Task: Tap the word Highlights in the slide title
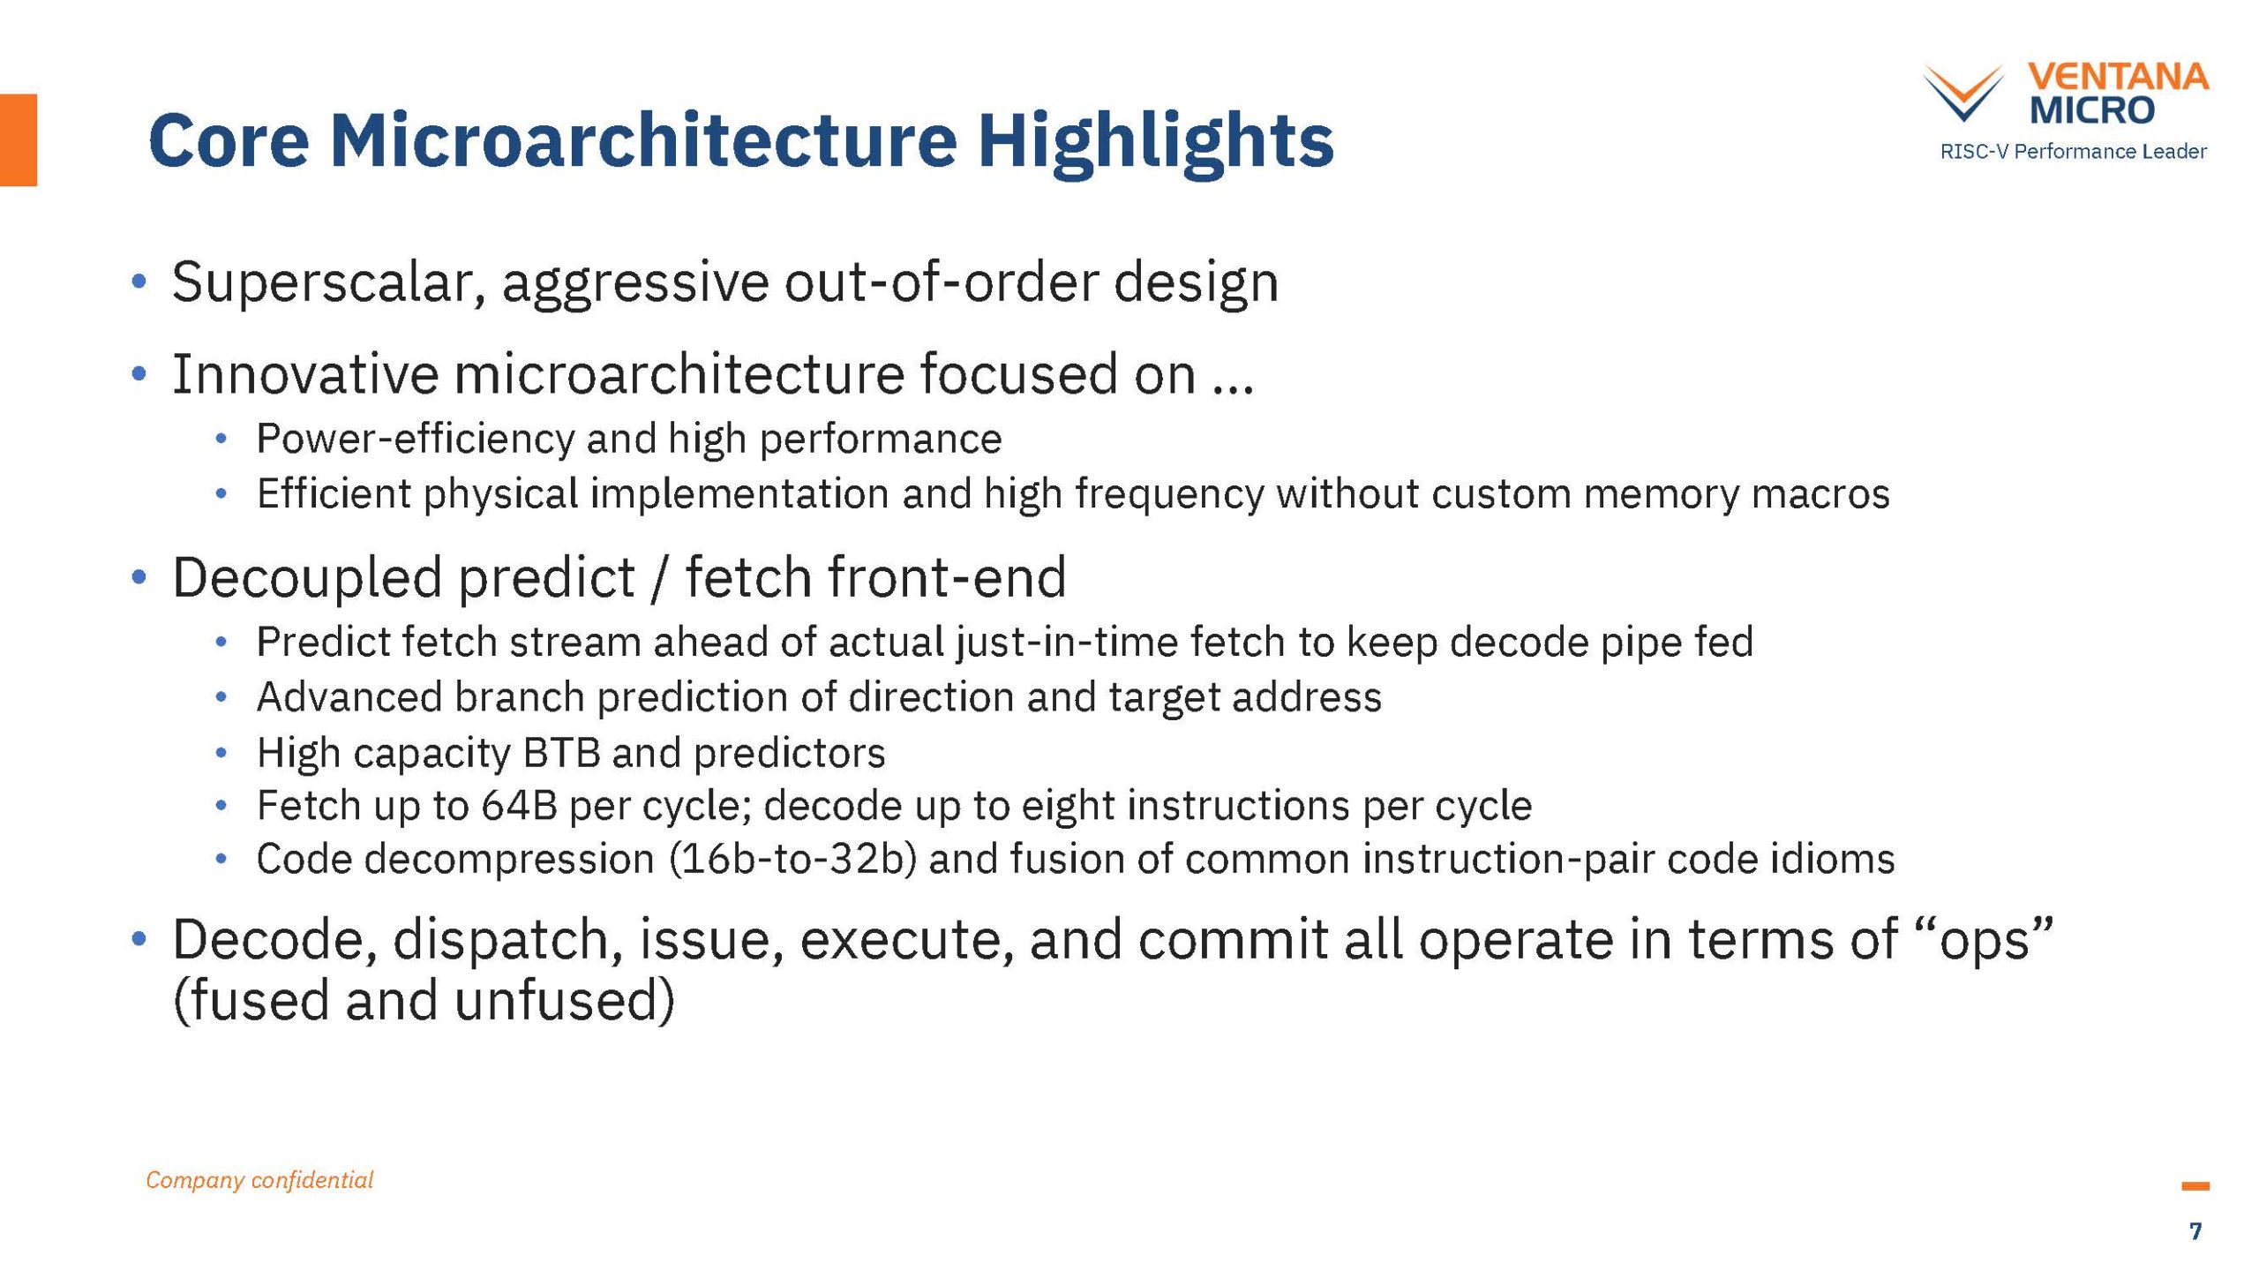1156,141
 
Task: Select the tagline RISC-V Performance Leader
2073,151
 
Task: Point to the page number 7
2195,1230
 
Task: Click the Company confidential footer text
259,1180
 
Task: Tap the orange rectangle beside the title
19,139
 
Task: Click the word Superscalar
329,283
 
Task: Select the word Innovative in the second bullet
305,374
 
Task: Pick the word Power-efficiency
415,440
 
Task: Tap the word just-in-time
1067,643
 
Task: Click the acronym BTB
561,753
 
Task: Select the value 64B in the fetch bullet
519,806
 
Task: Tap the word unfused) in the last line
565,1001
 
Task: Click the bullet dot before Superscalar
138,282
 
